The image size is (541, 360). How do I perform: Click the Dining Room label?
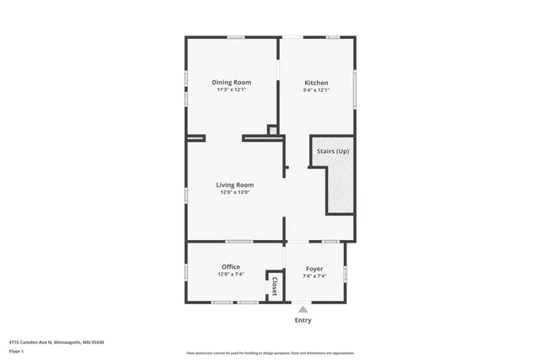click(x=232, y=82)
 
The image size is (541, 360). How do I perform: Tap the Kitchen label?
click(x=316, y=82)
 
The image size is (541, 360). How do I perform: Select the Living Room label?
click(x=234, y=184)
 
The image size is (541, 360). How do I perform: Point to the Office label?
click(x=231, y=267)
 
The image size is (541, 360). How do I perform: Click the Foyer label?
click(x=314, y=268)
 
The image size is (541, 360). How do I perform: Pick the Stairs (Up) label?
click(x=332, y=151)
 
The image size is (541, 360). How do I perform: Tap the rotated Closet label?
click(x=275, y=286)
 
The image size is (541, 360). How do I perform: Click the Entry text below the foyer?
click(x=303, y=320)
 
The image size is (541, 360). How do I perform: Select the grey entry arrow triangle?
click(x=303, y=309)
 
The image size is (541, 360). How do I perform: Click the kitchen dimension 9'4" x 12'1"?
click(x=316, y=90)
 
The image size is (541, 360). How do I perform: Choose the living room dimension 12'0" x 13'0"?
click(x=234, y=192)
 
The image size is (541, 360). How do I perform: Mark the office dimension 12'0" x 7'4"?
click(x=231, y=275)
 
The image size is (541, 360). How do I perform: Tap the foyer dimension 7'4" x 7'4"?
click(x=314, y=275)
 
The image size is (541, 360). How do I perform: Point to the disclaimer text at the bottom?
click(x=270, y=352)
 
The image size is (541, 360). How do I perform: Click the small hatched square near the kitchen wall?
click(x=272, y=129)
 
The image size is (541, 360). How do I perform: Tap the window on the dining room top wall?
click(x=236, y=36)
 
